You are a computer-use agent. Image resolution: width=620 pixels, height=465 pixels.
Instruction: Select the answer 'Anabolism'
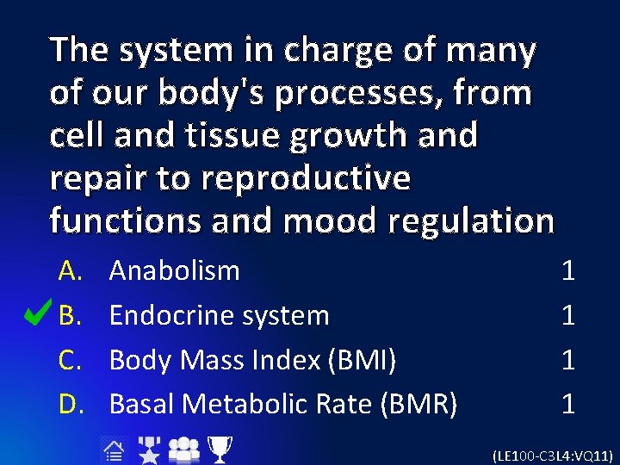175,271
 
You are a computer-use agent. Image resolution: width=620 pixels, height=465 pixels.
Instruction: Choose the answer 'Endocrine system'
219,316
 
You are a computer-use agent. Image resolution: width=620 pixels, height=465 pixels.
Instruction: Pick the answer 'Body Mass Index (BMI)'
252,360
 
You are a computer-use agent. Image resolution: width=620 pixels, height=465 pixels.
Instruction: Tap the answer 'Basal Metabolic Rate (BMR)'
282,403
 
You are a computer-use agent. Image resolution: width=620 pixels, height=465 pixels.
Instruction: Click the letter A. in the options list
71,271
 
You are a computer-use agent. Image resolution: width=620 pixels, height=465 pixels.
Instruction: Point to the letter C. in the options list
71,360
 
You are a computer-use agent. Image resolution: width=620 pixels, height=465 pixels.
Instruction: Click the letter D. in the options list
71,403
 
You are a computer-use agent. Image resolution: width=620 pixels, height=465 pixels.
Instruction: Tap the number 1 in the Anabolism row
567,271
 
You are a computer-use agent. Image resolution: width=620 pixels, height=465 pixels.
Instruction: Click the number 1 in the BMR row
567,403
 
